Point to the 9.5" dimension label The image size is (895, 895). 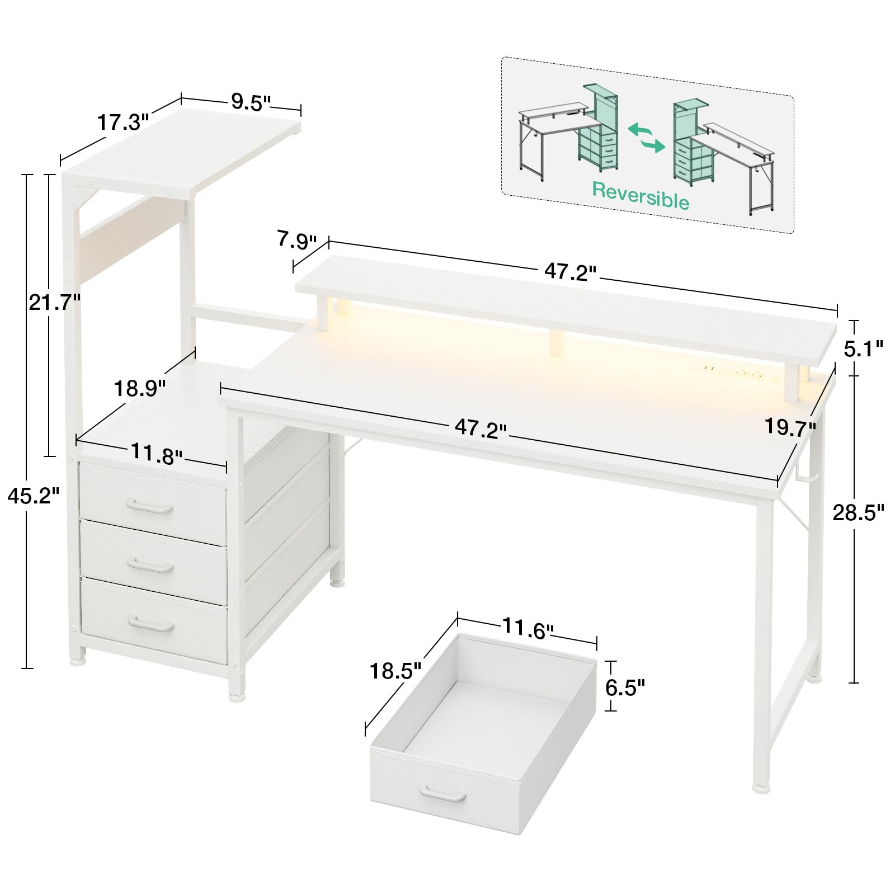[x=251, y=102]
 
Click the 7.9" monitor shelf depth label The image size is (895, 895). [x=296, y=241]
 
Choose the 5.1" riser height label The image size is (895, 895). [x=863, y=349]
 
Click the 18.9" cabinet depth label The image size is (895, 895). [x=140, y=388]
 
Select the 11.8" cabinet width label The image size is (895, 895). [x=157, y=453]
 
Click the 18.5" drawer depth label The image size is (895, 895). [x=395, y=671]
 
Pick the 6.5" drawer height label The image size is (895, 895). [x=625, y=687]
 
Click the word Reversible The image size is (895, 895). [x=641, y=195]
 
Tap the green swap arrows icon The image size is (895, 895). [x=647, y=138]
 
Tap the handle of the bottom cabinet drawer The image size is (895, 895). [x=151, y=624]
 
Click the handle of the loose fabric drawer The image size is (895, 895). [x=443, y=793]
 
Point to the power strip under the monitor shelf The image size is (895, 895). [x=739, y=373]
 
